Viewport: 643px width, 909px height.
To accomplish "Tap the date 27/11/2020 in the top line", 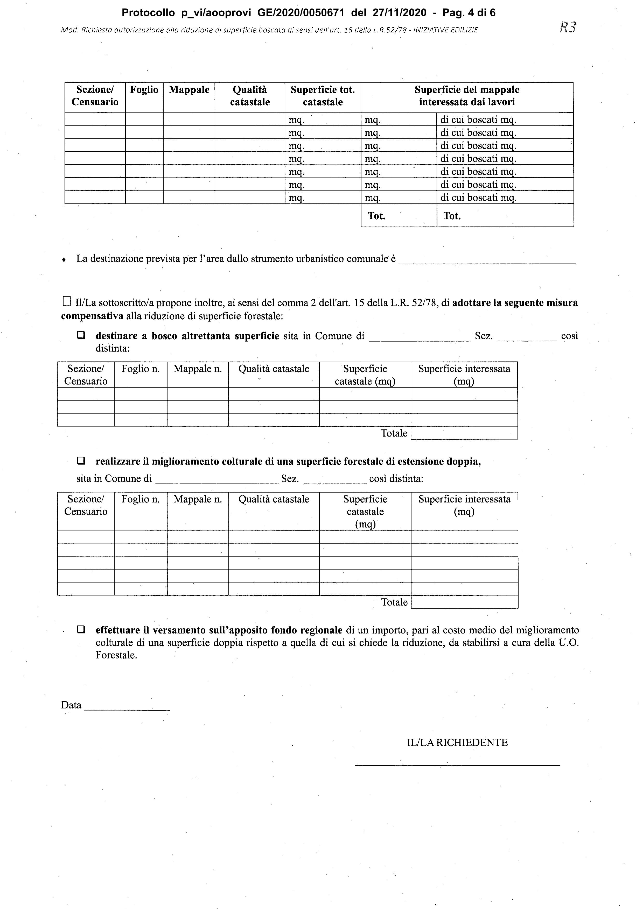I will pyautogui.click(x=400, y=13).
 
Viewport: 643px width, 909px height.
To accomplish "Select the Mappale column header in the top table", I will pyautogui.click(x=189, y=90).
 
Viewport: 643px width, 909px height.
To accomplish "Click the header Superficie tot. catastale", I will pyautogui.click(x=323, y=96).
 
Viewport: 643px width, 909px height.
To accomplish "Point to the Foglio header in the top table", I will pyautogui.click(x=144, y=90).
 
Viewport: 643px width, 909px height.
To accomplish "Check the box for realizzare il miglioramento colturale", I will pyautogui.click(x=81, y=461).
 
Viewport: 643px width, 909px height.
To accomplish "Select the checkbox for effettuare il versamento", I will pyautogui.click(x=81, y=630).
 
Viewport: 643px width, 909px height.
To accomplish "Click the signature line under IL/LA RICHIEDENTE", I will pyautogui.click(x=457, y=765).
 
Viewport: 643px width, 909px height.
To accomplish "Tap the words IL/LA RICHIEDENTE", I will pyautogui.click(x=457, y=743).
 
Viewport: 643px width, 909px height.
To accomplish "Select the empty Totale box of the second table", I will pyautogui.click(x=464, y=433).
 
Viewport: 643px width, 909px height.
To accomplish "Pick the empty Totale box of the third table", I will pyautogui.click(x=464, y=602).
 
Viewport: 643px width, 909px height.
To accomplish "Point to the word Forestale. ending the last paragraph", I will pyautogui.click(x=116, y=655).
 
